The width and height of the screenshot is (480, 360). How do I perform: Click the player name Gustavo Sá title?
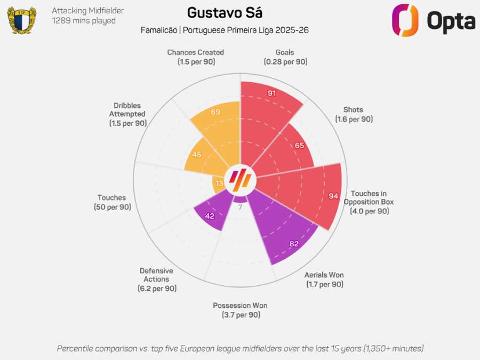[225, 13]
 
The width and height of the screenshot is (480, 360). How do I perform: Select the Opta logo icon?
[405, 20]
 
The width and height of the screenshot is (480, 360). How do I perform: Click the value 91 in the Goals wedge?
[271, 93]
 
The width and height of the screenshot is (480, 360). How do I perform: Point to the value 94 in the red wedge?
[334, 196]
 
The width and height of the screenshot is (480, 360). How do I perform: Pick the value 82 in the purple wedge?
[293, 244]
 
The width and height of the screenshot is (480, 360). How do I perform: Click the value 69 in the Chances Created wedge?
[215, 112]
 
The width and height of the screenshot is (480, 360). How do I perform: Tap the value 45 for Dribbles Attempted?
[196, 155]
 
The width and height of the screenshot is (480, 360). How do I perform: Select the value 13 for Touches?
[219, 183]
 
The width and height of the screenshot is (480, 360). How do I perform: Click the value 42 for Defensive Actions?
[210, 216]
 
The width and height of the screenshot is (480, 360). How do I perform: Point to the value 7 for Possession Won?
[240, 207]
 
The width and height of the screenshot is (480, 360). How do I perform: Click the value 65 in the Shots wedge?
[299, 145]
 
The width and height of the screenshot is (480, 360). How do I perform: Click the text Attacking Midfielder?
[88, 11]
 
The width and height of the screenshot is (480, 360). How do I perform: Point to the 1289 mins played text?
[84, 21]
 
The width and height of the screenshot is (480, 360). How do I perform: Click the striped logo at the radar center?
[240, 180]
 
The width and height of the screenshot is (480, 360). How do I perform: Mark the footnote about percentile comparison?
[240, 348]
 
